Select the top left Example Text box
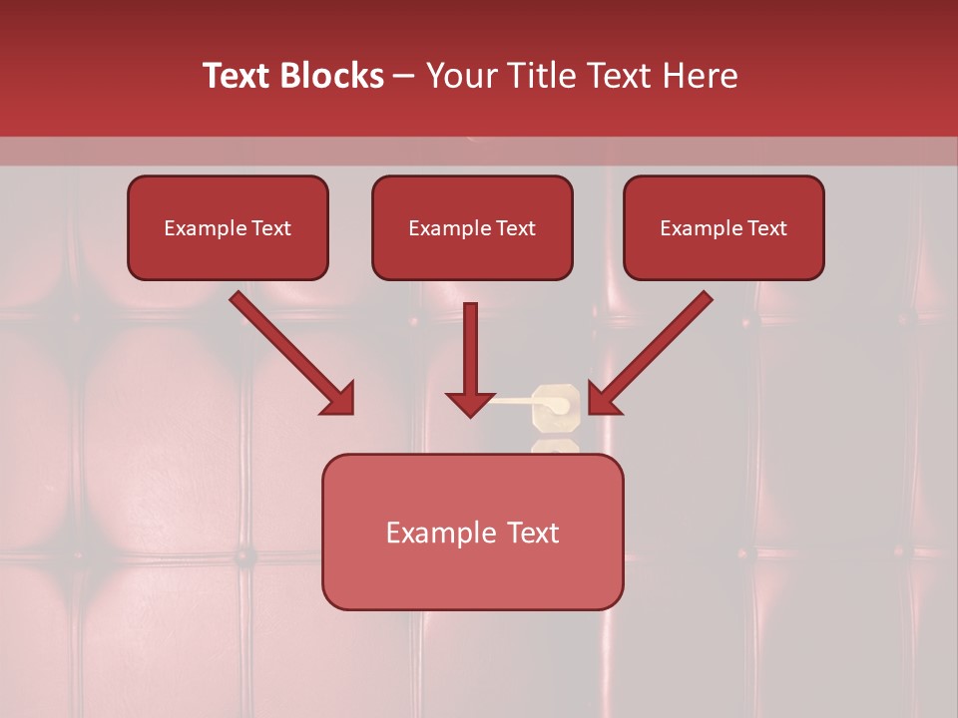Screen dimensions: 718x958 [228, 227]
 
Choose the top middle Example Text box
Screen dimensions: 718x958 [472, 227]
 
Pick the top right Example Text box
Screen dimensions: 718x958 [723, 227]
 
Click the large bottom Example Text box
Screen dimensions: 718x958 [472, 532]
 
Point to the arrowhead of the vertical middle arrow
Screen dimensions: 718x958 [470, 404]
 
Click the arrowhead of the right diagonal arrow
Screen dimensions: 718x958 [604, 398]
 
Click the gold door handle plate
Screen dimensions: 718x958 [555, 407]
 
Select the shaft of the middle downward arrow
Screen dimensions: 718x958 [470, 344]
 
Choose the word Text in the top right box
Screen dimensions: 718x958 [766, 228]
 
